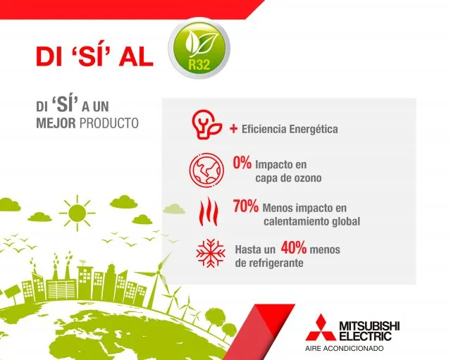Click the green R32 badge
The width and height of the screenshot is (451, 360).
click(199, 49)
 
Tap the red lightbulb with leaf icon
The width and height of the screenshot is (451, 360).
click(206, 125)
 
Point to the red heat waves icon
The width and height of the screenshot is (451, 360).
click(209, 212)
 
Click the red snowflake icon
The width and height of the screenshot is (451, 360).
click(211, 253)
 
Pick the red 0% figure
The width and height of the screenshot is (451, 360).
click(242, 163)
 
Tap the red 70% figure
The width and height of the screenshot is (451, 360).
click(246, 206)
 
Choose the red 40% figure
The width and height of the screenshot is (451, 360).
click(294, 247)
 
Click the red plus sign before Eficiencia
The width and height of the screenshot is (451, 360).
click(233, 129)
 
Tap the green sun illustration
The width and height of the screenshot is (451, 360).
click(77, 213)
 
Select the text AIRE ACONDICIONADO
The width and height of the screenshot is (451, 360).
click(345, 349)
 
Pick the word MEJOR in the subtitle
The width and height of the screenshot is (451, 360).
click(56, 123)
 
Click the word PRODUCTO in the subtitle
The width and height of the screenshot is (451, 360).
click(109, 123)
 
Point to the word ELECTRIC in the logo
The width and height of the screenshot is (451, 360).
click(365, 336)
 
